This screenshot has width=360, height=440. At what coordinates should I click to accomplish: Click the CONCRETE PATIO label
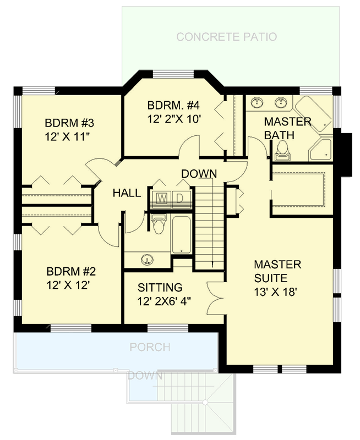pyautogui.click(x=226, y=37)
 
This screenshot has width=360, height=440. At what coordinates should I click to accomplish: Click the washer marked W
pyautogui.click(x=162, y=198)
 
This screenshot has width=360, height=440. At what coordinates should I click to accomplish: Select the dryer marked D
pyautogui.click(x=182, y=198)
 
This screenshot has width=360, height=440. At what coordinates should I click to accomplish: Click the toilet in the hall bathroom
pyautogui.click(x=159, y=224)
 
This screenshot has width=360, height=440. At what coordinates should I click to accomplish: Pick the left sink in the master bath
pyautogui.click(x=257, y=102)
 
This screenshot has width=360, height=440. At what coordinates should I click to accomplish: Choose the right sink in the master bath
pyautogui.click(x=282, y=102)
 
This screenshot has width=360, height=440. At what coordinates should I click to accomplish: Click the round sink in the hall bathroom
pyautogui.click(x=147, y=260)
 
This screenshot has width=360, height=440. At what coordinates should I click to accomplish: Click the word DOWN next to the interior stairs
pyautogui.click(x=199, y=174)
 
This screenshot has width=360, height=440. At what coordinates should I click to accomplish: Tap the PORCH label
pyautogui.click(x=150, y=348)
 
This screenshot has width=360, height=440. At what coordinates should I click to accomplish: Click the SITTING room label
pyautogui.click(x=160, y=287)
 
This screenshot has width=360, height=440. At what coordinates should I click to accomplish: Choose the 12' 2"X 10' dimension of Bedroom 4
pyautogui.click(x=170, y=119)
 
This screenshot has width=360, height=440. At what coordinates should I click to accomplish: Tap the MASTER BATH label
pyautogui.click(x=287, y=128)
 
